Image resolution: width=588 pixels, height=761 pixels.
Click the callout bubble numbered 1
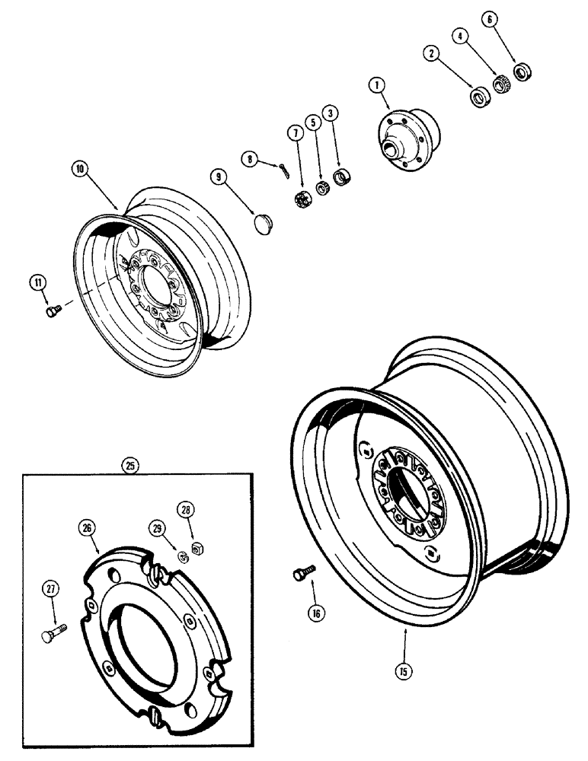point(376,86)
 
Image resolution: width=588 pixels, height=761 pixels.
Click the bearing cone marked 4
point(499,84)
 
